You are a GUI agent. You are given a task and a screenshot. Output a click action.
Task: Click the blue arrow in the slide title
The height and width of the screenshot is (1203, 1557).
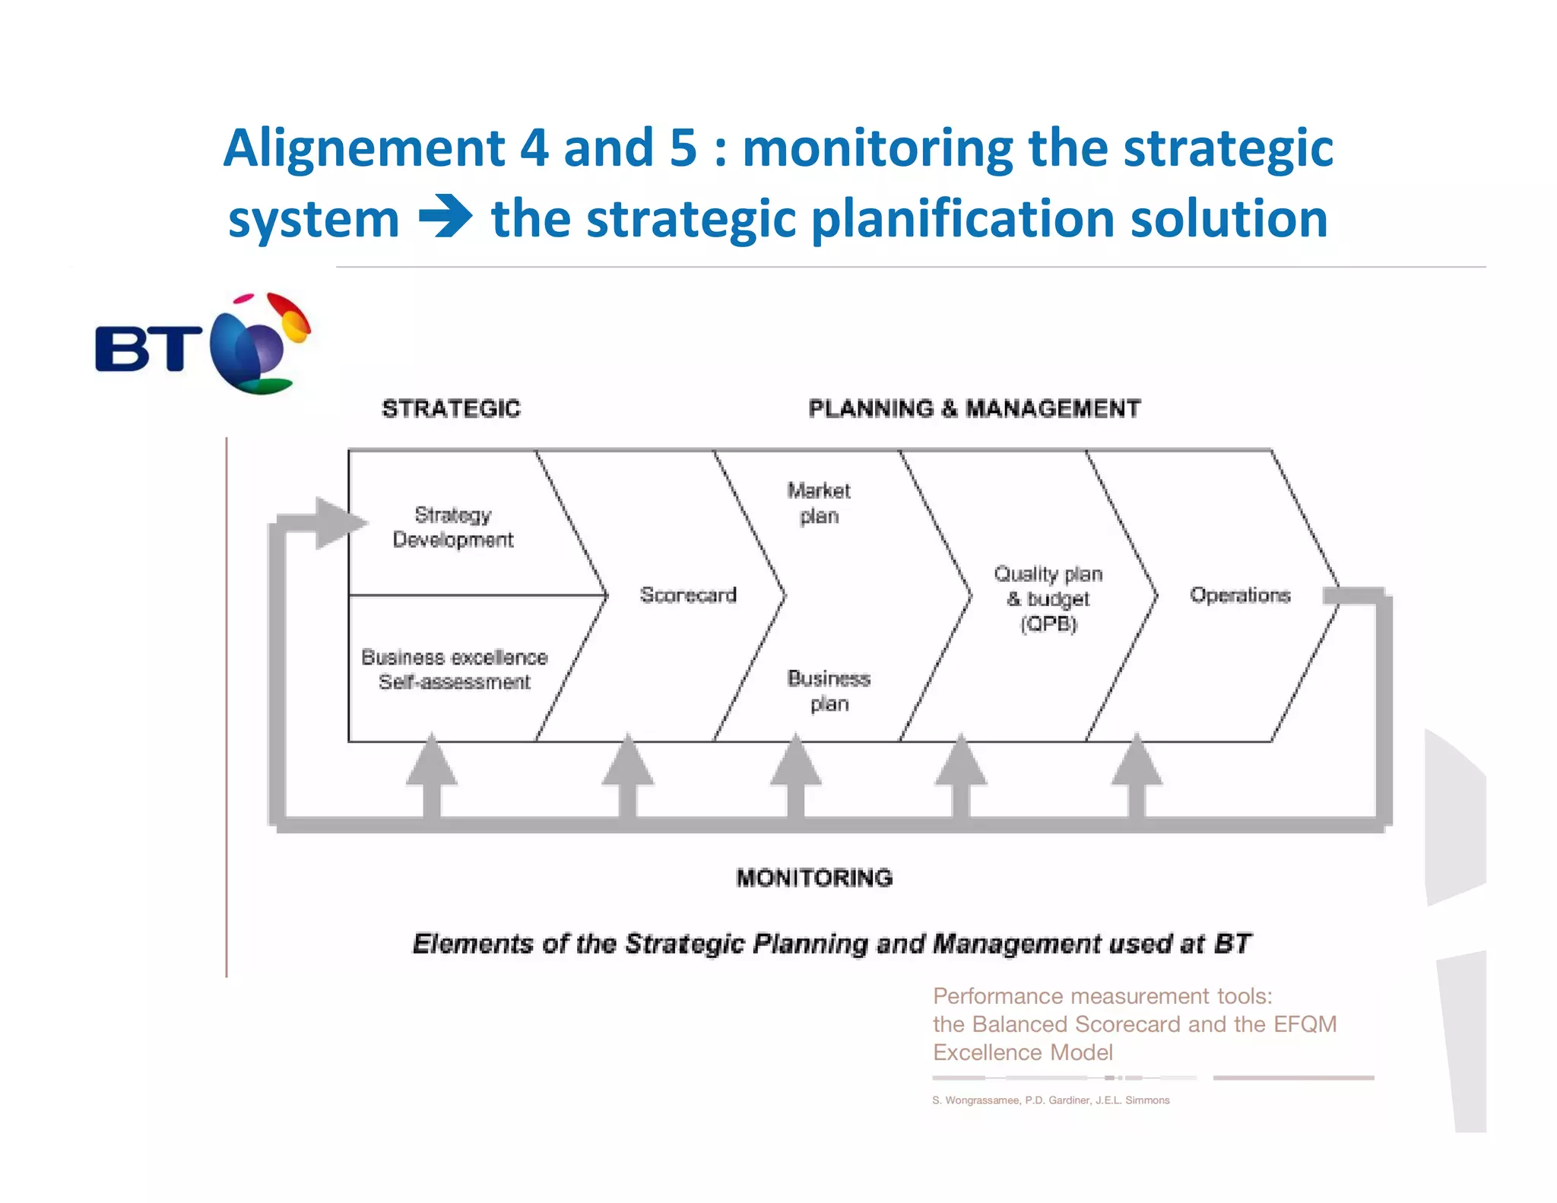[446, 217]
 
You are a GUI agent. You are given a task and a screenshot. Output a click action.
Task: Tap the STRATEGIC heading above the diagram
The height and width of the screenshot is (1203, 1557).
[451, 409]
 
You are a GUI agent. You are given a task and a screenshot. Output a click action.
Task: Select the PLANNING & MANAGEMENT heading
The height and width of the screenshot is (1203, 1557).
[974, 409]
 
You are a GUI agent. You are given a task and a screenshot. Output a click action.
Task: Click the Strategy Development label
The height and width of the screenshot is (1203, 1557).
[453, 527]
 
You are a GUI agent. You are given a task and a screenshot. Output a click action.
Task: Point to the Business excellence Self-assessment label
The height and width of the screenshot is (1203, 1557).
[455, 669]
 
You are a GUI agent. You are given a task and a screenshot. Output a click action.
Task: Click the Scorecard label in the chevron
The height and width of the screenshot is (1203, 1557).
[688, 595]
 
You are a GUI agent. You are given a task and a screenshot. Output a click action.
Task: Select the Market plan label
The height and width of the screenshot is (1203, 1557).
[819, 503]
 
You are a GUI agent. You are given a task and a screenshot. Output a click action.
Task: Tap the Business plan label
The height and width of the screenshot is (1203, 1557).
[829, 690]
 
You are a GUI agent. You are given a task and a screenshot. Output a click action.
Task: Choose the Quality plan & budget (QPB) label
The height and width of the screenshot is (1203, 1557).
[1048, 598]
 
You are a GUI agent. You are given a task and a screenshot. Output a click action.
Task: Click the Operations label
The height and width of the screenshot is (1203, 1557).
[1240, 595]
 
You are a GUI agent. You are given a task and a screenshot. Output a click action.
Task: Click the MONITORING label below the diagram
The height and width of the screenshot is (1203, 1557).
[814, 878]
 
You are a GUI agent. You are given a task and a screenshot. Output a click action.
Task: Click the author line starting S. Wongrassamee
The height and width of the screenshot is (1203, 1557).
[1051, 1100]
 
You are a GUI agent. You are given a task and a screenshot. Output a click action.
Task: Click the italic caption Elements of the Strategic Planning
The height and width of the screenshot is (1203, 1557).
[831, 944]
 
